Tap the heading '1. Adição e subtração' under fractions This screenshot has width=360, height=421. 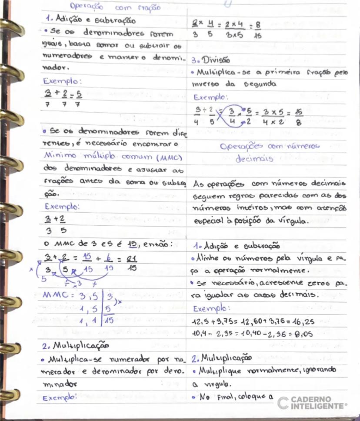pos(90,20)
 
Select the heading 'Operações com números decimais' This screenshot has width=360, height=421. pos(270,153)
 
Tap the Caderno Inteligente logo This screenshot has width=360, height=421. pos(312,402)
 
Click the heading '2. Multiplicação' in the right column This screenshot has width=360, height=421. pos(221,359)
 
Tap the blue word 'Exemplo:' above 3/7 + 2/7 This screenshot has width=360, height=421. pos(63,81)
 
